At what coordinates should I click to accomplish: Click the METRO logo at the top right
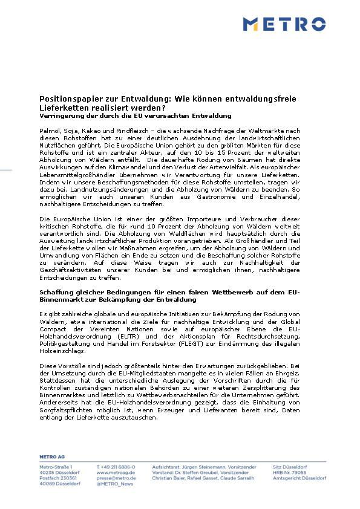(284, 24)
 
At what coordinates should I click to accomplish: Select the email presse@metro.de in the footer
(116, 478)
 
